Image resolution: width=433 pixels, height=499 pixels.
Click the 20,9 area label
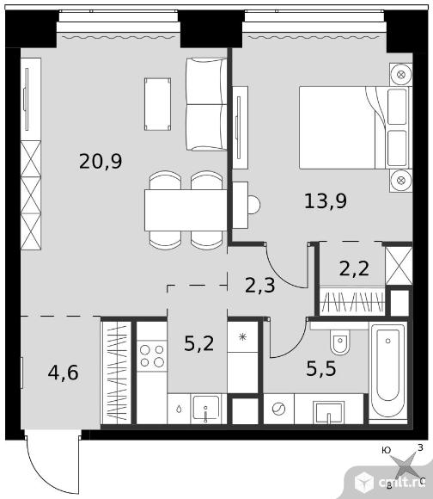pos(101,162)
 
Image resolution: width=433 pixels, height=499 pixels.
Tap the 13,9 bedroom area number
pos(326,201)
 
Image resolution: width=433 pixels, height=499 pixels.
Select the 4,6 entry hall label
pos(63,373)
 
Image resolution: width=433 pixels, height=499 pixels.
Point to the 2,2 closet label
pos(354,268)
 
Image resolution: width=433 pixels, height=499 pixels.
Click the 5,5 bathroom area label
pos(320,369)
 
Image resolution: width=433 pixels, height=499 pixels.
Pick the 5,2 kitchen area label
pos(198,343)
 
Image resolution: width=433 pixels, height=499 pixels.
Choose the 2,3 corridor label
pos(259,285)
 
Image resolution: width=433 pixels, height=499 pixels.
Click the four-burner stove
pos(152,356)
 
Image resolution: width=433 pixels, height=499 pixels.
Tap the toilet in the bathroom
pos(339,342)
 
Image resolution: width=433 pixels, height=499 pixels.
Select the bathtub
pos(387,372)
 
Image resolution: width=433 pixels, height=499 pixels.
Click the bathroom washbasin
pos(328,412)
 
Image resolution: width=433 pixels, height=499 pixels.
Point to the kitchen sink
pos(206,408)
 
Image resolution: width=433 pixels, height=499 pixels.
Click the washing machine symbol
pos(278,409)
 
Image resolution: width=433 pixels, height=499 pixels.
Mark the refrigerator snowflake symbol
pos(243,336)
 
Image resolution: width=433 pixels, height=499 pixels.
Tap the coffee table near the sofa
pos(157,104)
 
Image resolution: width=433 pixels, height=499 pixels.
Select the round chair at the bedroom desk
pos(253,205)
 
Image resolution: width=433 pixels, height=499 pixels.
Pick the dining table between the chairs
pos(186,211)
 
